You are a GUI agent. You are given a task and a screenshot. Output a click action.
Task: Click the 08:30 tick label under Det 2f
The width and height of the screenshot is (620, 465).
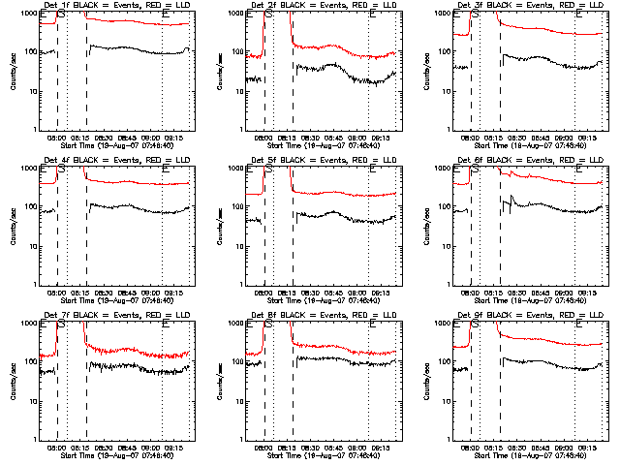pos(311,138)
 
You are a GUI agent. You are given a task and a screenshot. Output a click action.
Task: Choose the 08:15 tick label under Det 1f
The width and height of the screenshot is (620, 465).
pos(79,138)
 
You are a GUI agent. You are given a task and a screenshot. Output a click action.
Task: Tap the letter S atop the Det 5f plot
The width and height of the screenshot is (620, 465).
pos(268,171)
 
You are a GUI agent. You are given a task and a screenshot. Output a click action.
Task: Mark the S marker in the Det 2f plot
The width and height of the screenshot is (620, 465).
pos(268,16)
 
